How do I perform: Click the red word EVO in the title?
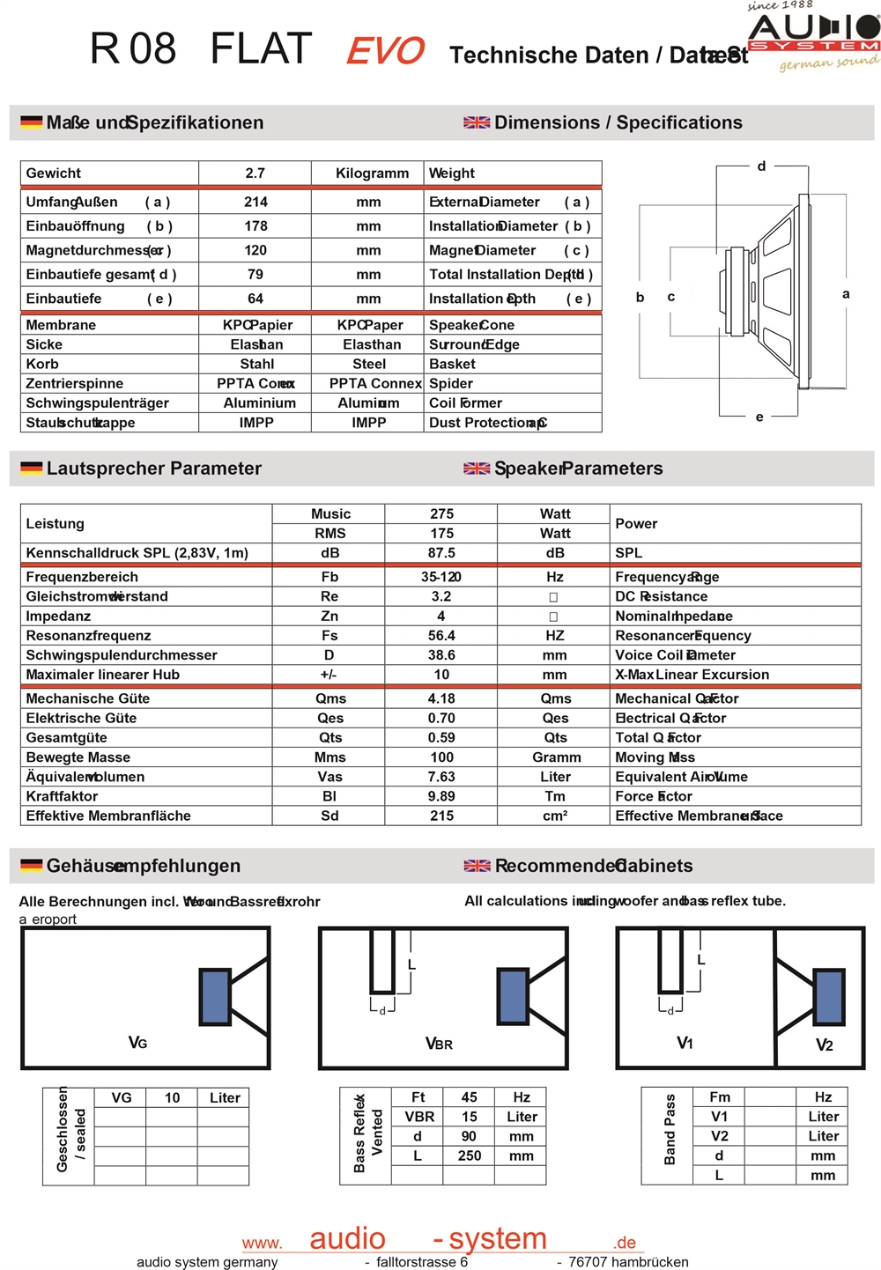pyautogui.click(x=385, y=51)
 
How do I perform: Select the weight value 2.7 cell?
pyautogui.click(x=255, y=174)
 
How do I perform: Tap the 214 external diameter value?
pyautogui.click(x=255, y=202)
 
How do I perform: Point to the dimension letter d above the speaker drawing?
pyautogui.click(x=761, y=166)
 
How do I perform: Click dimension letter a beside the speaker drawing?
pyautogui.click(x=846, y=294)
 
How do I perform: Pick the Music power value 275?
pyautogui.click(x=441, y=513)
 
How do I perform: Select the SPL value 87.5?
pyautogui.click(x=441, y=553)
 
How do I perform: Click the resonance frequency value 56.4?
pyautogui.click(x=441, y=636)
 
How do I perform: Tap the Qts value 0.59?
pyautogui.click(x=441, y=738)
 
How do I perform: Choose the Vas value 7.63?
pyautogui.click(x=441, y=777)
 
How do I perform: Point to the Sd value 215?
pyautogui.click(x=441, y=816)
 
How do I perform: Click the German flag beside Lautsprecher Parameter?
pyautogui.click(x=32, y=469)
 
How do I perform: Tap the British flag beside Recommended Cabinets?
pyautogui.click(x=477, y=866)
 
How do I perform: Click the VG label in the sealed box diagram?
pyautogui.click(x=137, y=1043)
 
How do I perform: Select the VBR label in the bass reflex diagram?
pyautogui.click(x=439, y=1044)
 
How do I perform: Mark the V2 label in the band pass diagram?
pyautogui.click(x=824, y=1045)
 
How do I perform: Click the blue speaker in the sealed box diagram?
pyautogui.click(x=216, y=996)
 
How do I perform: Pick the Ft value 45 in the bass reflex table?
pyautogui.click(x=469, y=1097)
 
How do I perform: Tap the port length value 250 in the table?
pyautogui.click(x=469, y=1156)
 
